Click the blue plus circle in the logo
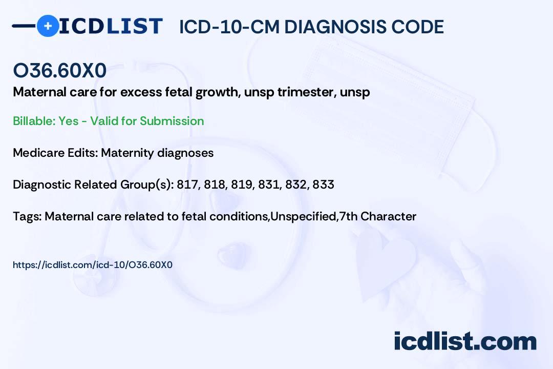click(48, 26)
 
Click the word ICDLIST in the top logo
click(111, 26)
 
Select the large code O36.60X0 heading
click(59, 70)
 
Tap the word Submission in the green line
click(172, 121)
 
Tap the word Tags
click(27, 216)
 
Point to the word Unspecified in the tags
click(303, 216)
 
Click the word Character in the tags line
click(388, 216)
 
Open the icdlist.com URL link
click(92, 265)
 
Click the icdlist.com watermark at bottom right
click(465, 341)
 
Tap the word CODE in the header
click(413, 27)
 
